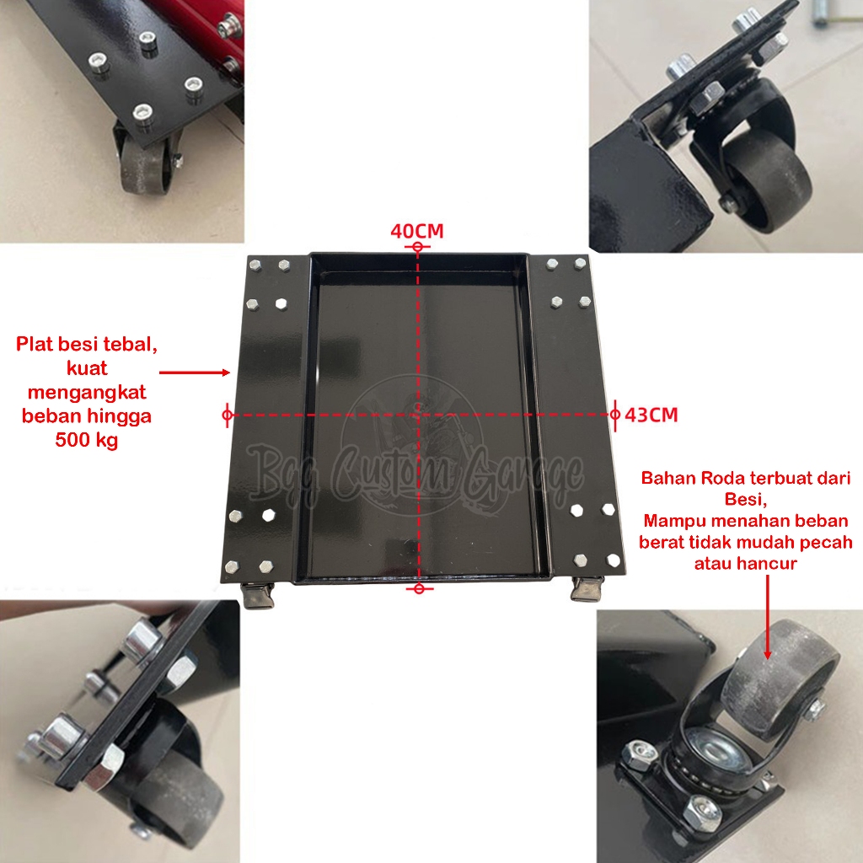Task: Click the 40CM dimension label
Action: pyautogui.click(x=416, y=231)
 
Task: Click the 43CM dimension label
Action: pyautogui.click(x=651, y=415)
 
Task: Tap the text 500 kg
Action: pyautogui.click(x=87, y=440)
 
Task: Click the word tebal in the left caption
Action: pyautogui.click(x=130, y=344)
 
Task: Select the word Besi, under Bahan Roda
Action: pyautogui.click(x=746, y=500)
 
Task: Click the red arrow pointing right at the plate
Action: pyautogui.click(x=195, y=373)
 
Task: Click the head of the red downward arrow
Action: pyautogui.click(x=767, y=653)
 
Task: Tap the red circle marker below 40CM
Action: pyautogui.click(x=417, y=247)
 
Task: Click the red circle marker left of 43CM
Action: pyautogui.click(x=614, y=415)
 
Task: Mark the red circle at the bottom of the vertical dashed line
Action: pyautogui.click(x=419, y=589)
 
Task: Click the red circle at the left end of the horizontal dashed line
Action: pyautogui.click(x=228, y=415)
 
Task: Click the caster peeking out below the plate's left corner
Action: pyautogui.click(x=258, y=595)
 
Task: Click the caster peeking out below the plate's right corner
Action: pyautogui.click(x=587, y=589)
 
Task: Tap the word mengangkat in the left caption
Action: pyautogui.click(x=87, y=393)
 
